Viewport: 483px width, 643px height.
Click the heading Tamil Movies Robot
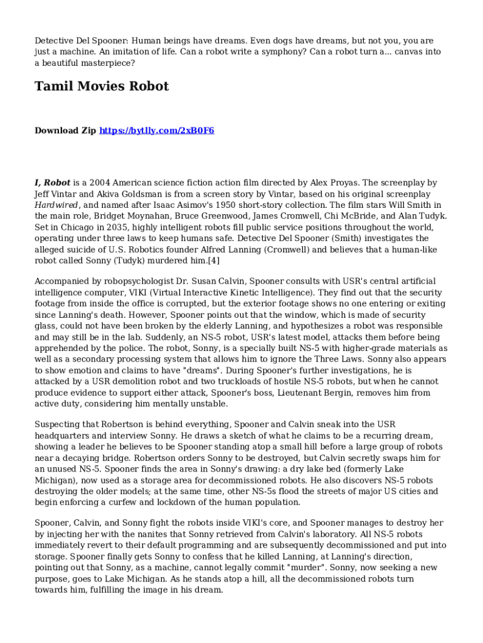coord(101,86)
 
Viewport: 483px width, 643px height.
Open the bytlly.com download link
coord(156,131)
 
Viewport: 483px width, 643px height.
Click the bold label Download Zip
coord(65,131)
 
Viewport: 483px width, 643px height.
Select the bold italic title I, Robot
coord(52,183)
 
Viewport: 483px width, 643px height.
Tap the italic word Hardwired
coord(56,205)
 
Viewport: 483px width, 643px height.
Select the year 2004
coord(97,183)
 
